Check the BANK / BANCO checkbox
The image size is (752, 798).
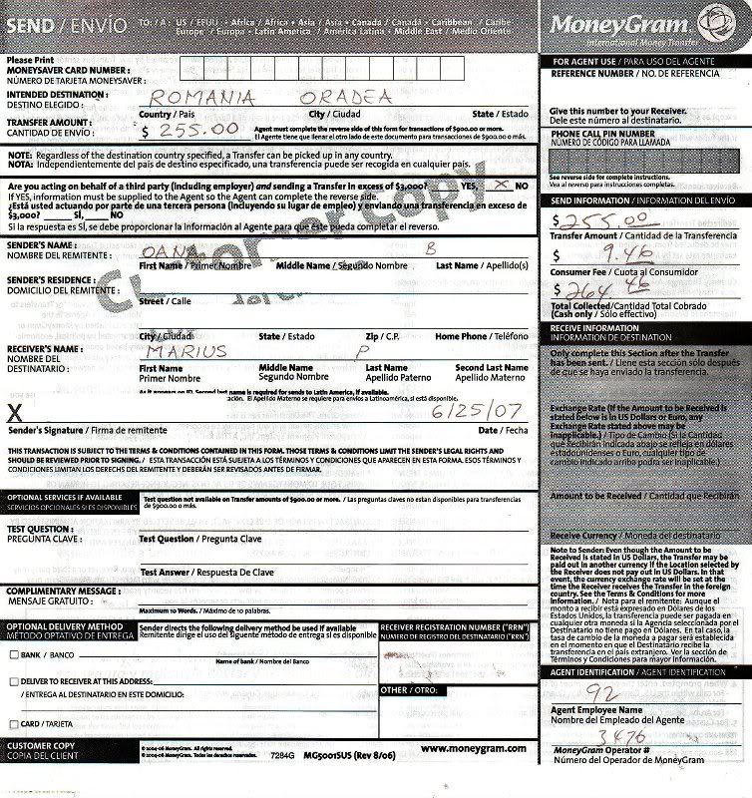(x=13, y=655)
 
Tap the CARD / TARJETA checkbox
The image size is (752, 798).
(x=13, y=723)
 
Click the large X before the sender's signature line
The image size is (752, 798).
(x=14, y=411)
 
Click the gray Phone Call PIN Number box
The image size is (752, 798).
(x=641, y=159)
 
